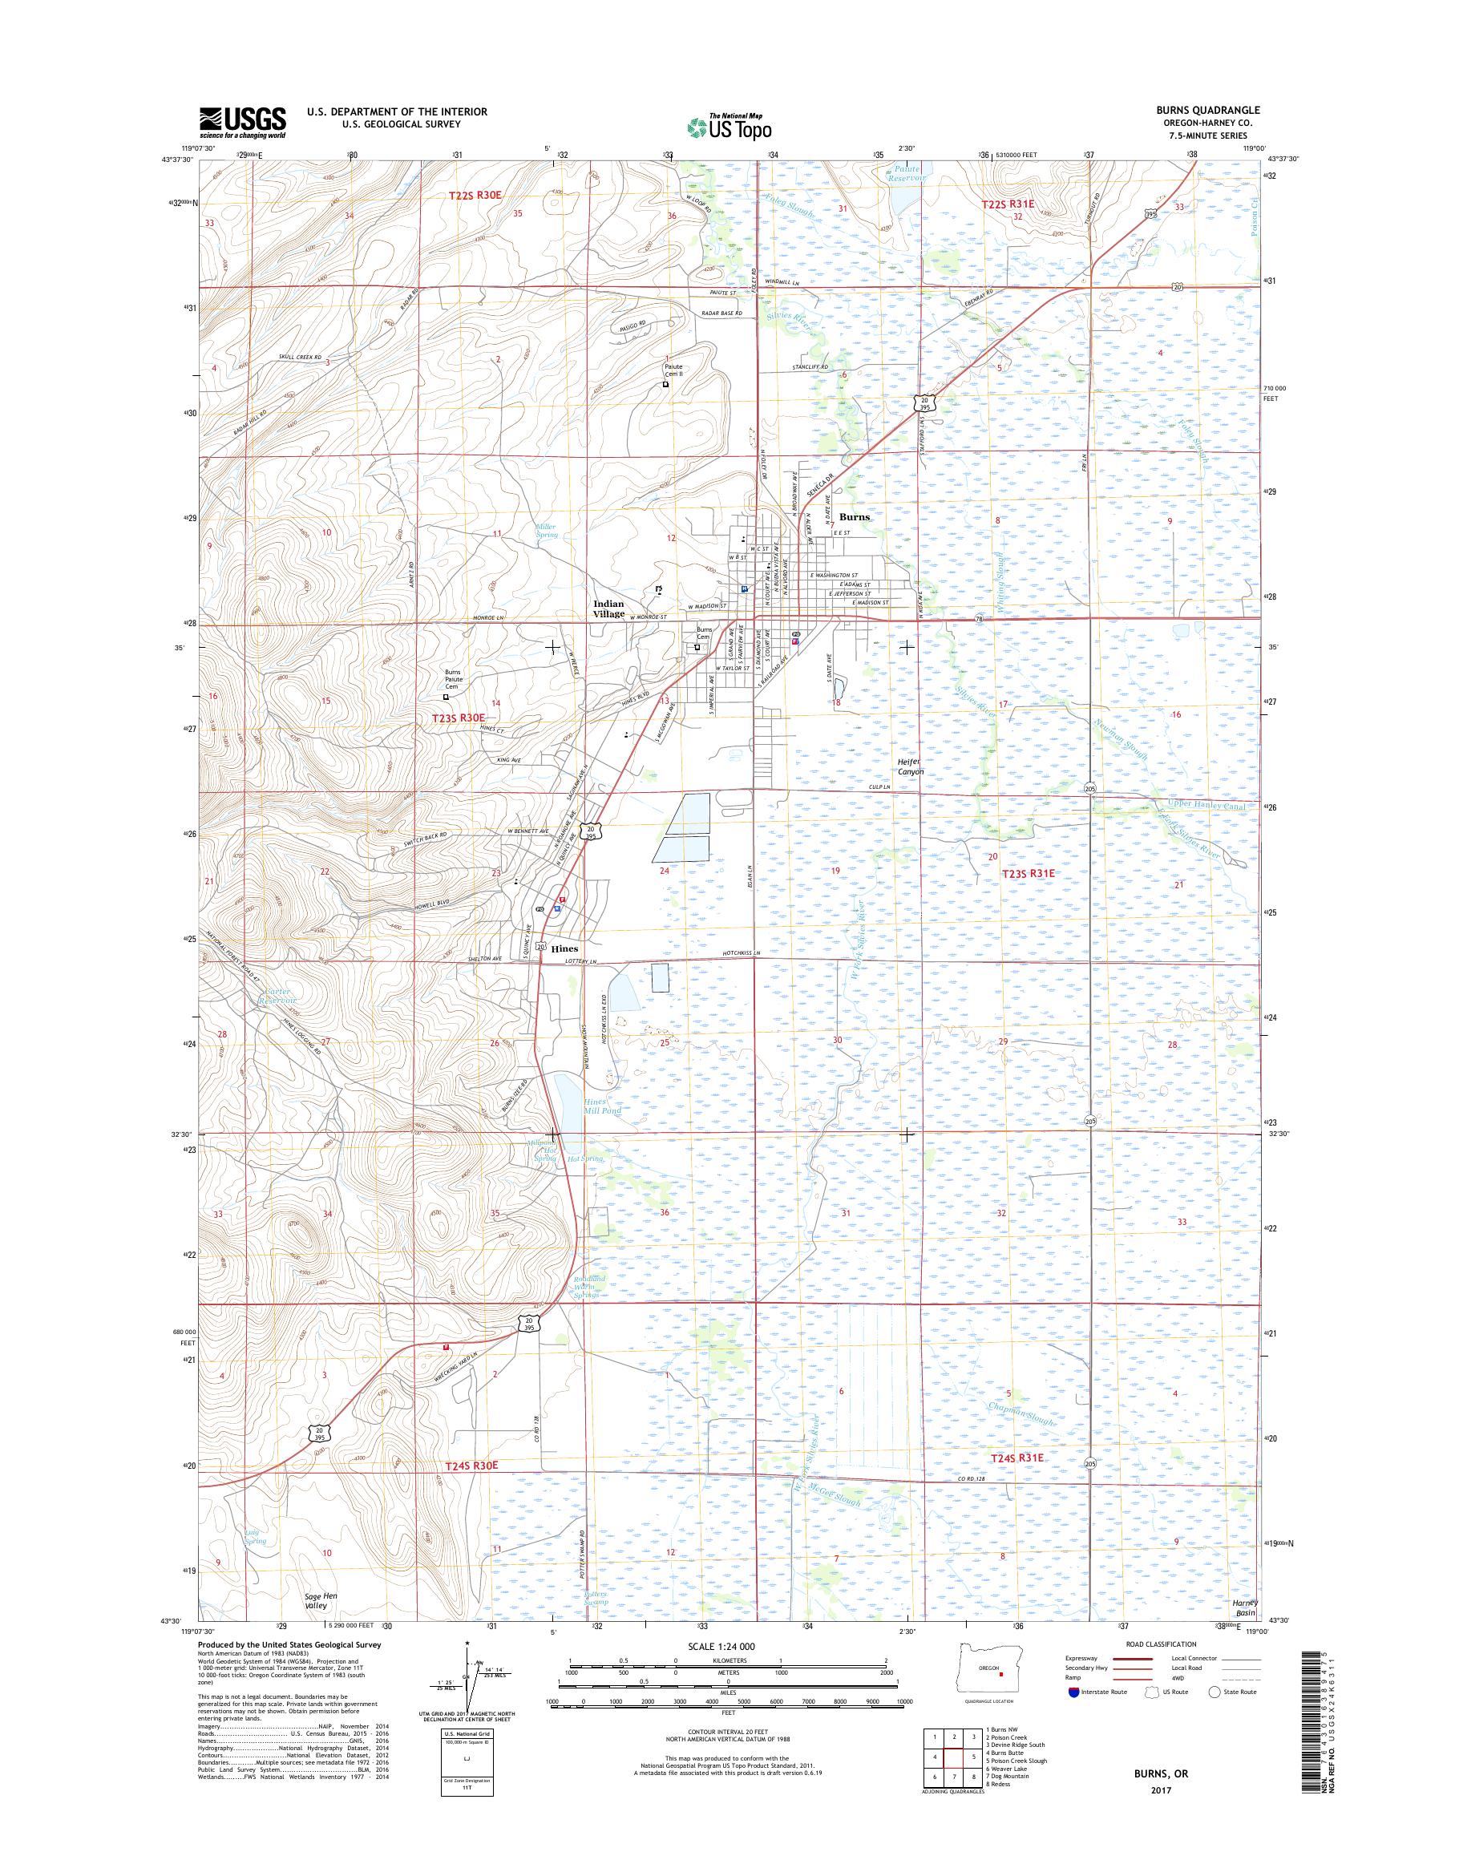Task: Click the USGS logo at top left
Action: pyautogui.click(x=243, y=122)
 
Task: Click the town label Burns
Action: pyautogui.click(x=854, y=517)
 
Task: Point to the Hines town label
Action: pyautogui.click(x=564, y=948)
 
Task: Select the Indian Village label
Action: pyautogui.click(x=609, y=609)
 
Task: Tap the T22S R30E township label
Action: pyautogui.click(x=475, y=196)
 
